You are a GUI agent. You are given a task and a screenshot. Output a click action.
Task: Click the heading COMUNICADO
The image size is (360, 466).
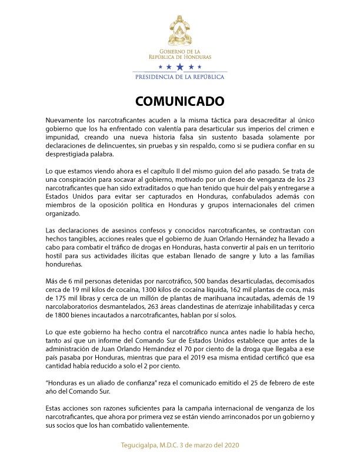(179, 101)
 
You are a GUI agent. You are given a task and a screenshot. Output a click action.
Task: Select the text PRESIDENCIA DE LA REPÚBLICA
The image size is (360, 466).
(180, 76)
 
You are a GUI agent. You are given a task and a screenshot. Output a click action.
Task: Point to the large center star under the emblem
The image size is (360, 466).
(180, 68)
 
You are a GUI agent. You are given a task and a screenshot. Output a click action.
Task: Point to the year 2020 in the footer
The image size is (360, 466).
(229, 445)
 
